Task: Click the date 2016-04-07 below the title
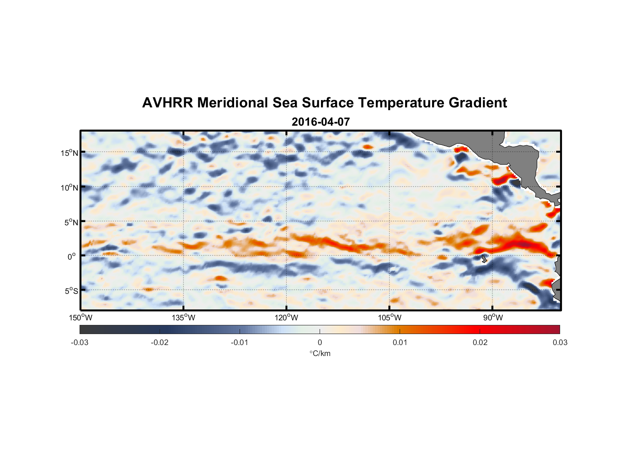tap(321, 122)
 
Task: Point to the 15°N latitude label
tap(69, 153)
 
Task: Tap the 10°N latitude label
tap(69, 187)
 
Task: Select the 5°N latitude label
tap(71, 222)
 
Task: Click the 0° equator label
tap(72, 256)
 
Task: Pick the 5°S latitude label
tap(71, 291)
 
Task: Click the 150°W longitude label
tap(81, 318)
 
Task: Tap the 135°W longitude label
tap(184, 318)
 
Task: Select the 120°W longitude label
tap(287, 318)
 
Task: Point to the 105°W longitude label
tap(390, 318)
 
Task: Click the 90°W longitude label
tap(493, 318)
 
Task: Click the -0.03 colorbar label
tap(80, 342)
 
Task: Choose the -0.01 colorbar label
tap(240, 342)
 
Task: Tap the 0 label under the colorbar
tap(320, 342)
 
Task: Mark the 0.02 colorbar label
tap(480, 342)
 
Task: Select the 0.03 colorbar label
tap(560, 342)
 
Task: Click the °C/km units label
tap(320, 353)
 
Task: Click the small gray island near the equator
tap(484, 259)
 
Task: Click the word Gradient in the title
tap(478, 103)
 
